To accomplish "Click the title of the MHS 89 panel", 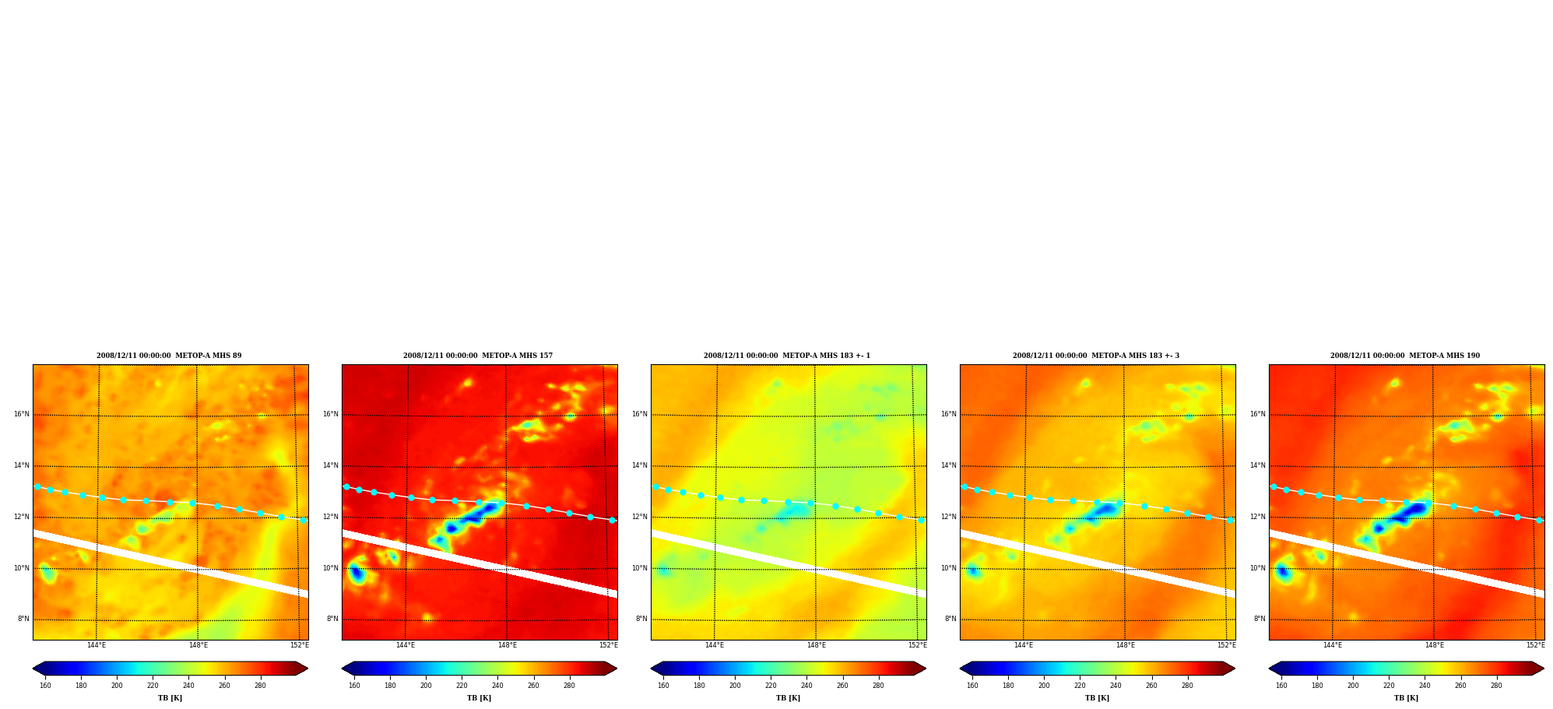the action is tap(169, 356).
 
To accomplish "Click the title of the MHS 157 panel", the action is tap(478, 356).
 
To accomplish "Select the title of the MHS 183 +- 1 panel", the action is tap(787, 356).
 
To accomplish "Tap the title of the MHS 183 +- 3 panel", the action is tap(1096, 356).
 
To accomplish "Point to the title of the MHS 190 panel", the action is tap(1405, 356).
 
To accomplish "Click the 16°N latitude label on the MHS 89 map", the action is tap(21, 414).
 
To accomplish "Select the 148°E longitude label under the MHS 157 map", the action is tap(507, 645).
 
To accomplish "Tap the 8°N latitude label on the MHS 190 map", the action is tap(1259, 619).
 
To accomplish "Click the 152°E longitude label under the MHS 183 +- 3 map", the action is tap(1226, 645).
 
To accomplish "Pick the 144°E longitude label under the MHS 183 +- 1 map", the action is tap(714, 645).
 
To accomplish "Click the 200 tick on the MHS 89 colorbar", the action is tap(117, 686).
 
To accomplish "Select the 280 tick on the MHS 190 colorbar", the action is tap(1496, 686).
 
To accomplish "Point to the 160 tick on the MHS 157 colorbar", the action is tap(354, 686).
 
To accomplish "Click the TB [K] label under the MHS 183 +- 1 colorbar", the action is tap(788, 698).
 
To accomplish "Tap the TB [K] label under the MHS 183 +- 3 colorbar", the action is tap(1097, 698).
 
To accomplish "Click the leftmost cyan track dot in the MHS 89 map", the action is tap(37, 486).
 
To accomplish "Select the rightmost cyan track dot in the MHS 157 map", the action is tap(612, 520).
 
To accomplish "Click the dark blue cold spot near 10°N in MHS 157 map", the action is tap(357, 574).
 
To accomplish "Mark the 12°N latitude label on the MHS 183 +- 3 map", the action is tap(948, 517).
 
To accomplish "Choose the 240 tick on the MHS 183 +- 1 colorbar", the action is tap(806, 686).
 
